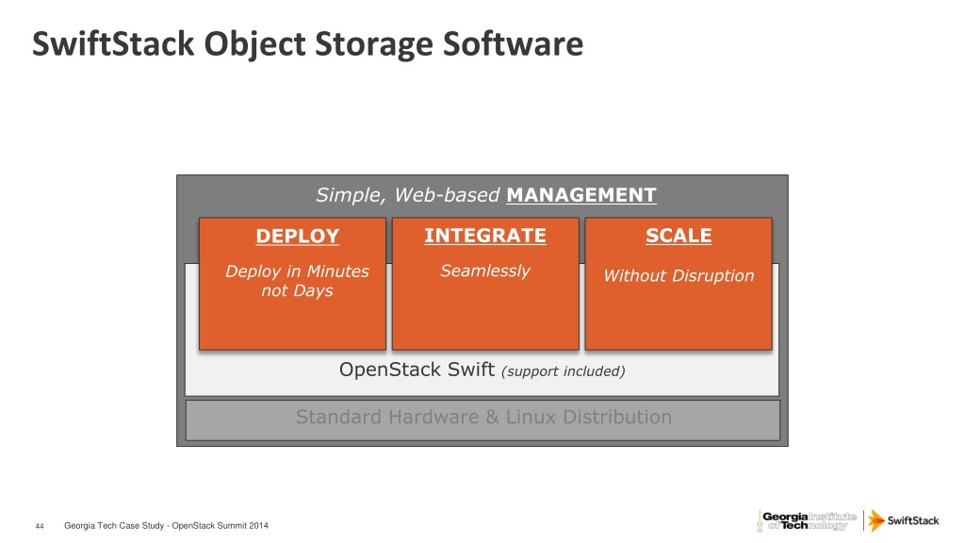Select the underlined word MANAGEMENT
coord(581,196)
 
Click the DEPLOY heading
coord(297,236)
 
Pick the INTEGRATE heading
coord(485,236)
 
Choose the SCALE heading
coord(679,236)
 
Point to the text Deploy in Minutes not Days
coord(297,281)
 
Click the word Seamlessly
coord(485,271)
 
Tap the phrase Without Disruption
coord(679,276)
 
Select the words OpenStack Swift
coord(417,370)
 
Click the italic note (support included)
coord(564,371)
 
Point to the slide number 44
coord(40,526)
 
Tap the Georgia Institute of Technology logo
coord(807,520)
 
